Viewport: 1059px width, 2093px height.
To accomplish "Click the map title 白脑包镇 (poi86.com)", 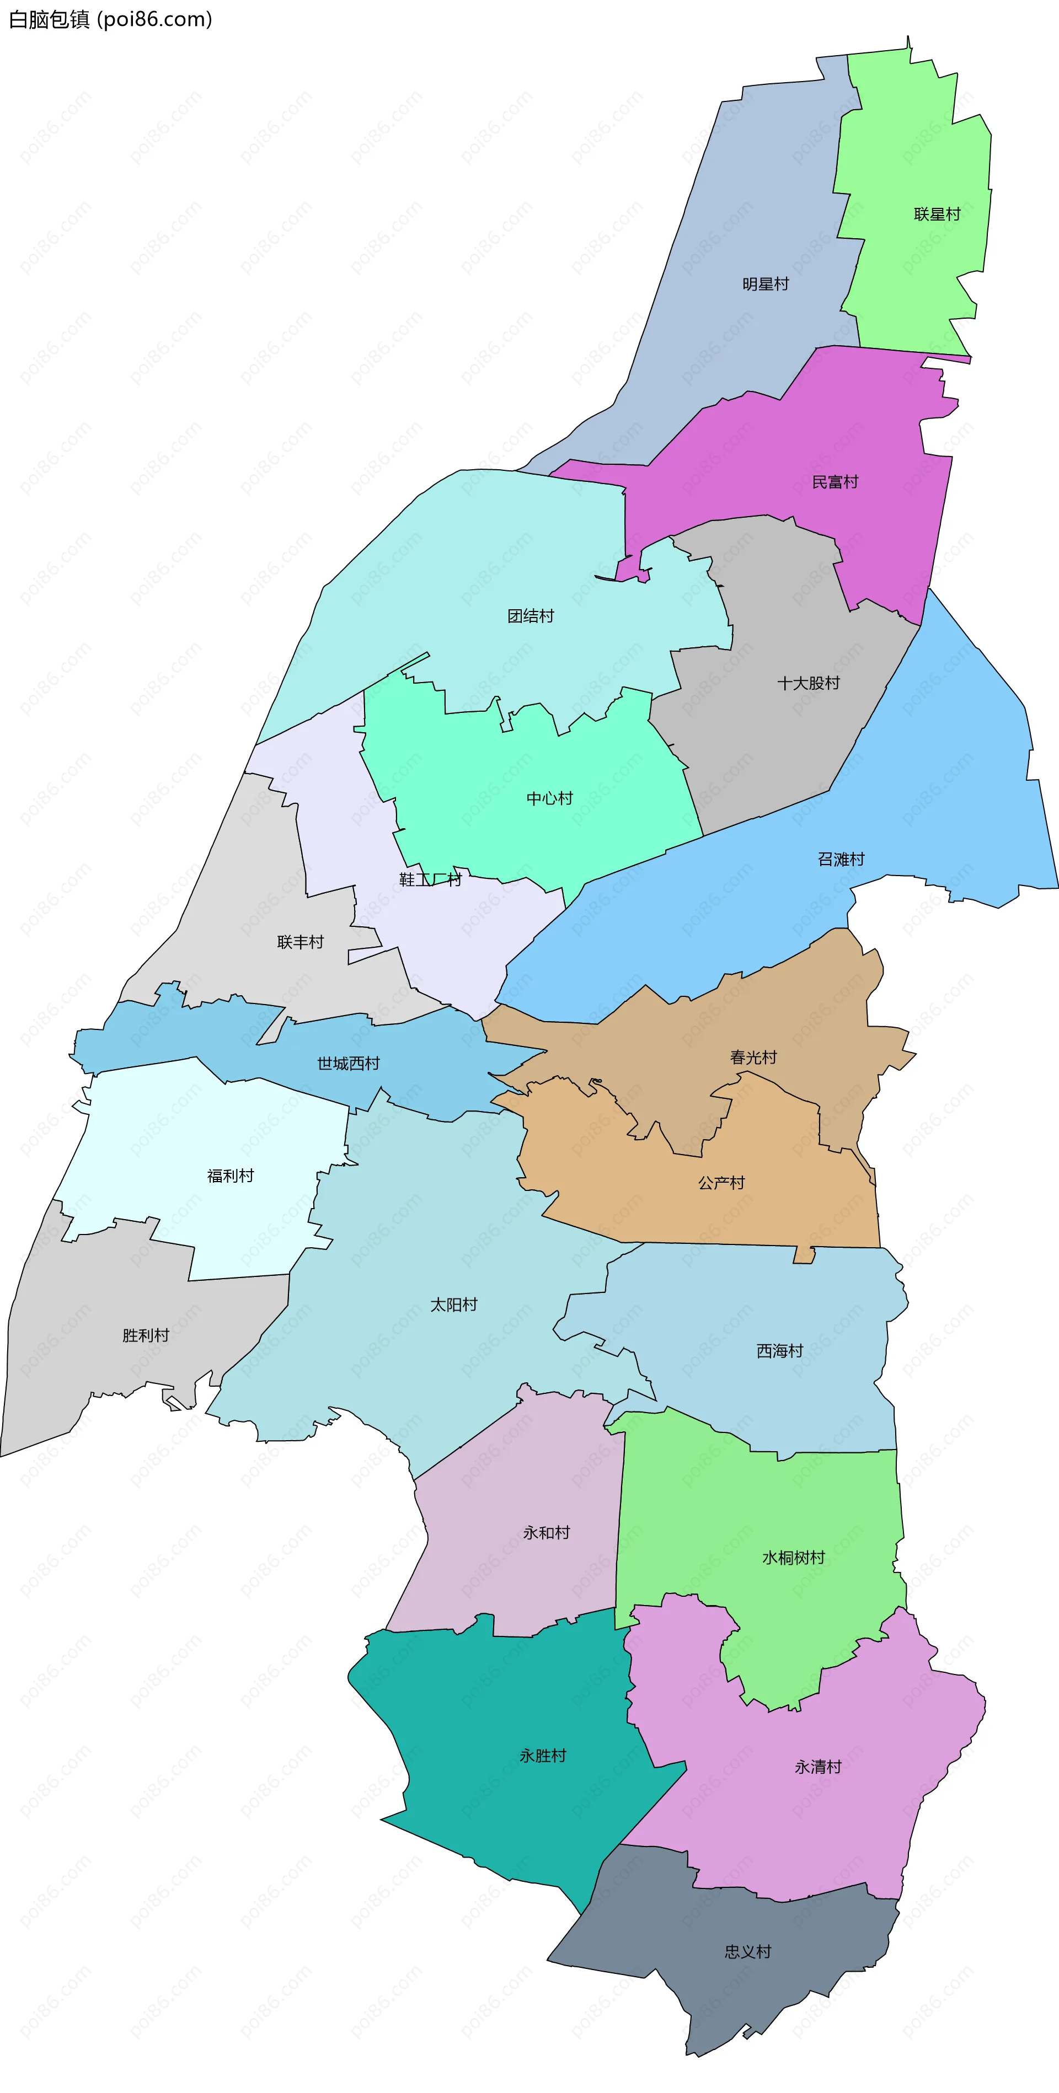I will pos(110,19).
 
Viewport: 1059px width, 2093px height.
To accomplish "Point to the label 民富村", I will pos(835,482).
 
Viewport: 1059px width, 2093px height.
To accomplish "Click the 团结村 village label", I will pos(530,616).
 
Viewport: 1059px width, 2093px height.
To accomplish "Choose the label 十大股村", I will pos(808,683).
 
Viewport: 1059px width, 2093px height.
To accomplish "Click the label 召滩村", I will pos(841,860).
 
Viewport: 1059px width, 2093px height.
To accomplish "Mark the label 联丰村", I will pos(300,942).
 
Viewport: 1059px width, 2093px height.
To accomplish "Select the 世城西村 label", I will pos(348,1064).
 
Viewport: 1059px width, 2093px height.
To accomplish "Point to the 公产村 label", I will pos(721,1183).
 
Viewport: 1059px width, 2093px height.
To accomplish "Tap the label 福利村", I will pos(230,1176).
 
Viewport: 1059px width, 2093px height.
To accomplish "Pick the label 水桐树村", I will pos(793,1558).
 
